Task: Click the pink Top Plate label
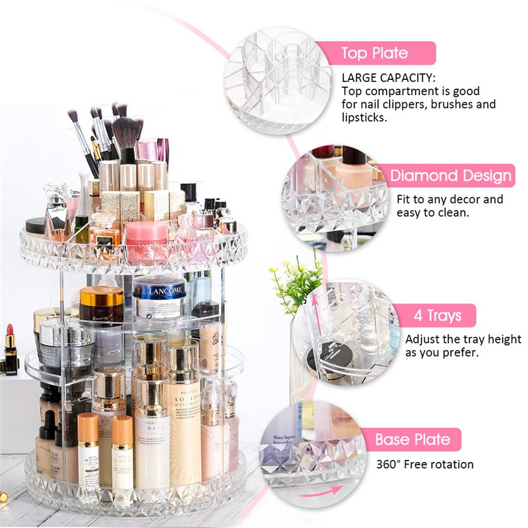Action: pyautogui.click(x=374, y=53)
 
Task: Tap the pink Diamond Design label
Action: pyautogui.click(x=450, y=176)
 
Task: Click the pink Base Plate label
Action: pyautogui.click(x=413, y=440)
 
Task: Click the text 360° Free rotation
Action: pyautogui.click(x=424, y=464)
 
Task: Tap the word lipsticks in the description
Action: pyautogui.click(x=364, y=117)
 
